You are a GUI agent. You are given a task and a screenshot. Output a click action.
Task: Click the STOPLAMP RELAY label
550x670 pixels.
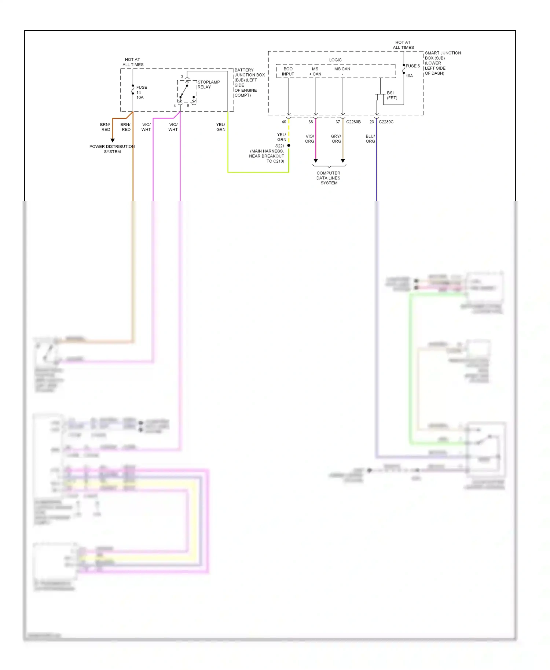(x=209, y=85)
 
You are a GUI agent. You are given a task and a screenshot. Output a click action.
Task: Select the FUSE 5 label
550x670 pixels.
(x=412, y=66)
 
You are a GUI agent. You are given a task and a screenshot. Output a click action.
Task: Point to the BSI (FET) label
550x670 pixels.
(x=392, y=95)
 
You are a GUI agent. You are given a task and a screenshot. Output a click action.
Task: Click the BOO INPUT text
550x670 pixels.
(x=288, y=71)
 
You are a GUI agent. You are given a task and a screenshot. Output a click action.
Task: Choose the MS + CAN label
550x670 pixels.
(x=315, y=71)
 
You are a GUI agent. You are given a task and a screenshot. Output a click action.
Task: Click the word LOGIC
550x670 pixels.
(x=335, y=60)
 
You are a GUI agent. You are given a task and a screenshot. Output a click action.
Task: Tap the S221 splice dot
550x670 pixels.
(x=289, y=146)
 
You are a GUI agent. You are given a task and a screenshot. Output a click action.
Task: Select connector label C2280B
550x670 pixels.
(x=353, y=122)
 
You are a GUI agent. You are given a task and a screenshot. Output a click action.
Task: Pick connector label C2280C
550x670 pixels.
(x=386, y=122)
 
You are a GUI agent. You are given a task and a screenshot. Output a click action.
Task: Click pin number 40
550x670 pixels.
(x=284, y=122)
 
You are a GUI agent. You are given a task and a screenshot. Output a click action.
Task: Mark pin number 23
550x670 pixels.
(x=371, y=122)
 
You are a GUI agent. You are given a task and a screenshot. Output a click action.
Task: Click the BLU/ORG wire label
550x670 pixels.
(x=370, y=139)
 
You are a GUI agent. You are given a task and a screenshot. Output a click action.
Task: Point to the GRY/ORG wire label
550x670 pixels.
(x=336, y=139)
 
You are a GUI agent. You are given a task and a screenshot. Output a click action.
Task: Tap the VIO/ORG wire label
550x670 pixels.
(x=309, y=139)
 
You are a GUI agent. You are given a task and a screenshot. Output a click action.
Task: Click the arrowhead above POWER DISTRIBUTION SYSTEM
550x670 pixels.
(x=113, y=140)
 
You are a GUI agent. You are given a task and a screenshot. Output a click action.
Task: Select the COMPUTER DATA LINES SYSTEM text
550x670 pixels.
(x=329, y=178)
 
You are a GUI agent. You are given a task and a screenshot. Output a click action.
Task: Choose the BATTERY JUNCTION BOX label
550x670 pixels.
(x=249, y=82)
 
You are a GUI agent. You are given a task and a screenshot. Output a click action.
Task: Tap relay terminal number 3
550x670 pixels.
(x=182, y=77)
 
